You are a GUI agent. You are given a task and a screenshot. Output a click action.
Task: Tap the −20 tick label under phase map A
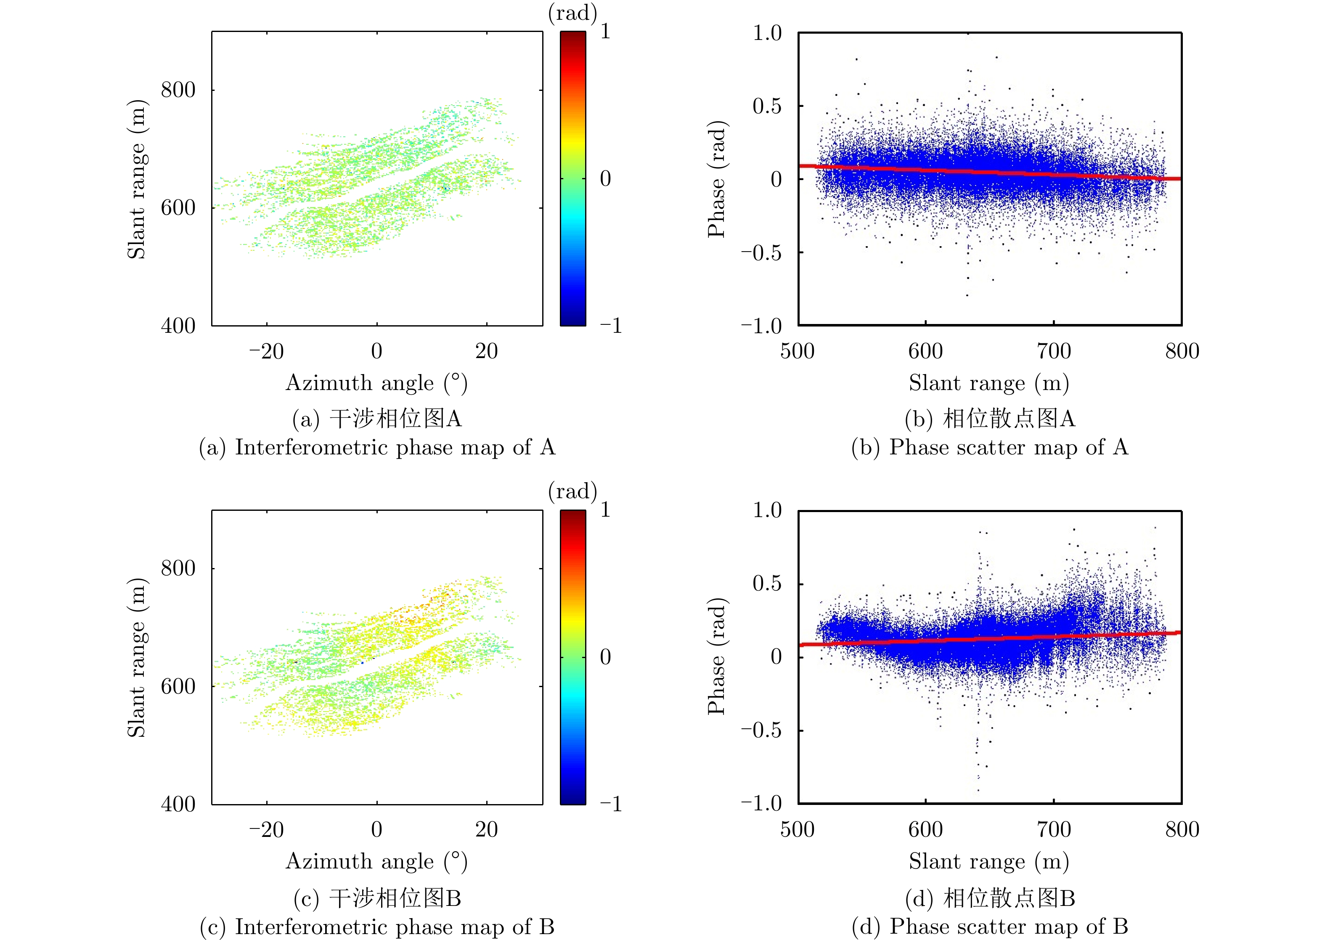click(266, 351)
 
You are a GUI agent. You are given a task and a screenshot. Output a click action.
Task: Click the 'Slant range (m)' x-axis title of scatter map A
click(989, 383)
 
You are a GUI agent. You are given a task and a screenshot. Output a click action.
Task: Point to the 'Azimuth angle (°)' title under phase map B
click(376, 861)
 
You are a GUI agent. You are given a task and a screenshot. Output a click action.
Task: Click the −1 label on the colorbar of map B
click(610, 804)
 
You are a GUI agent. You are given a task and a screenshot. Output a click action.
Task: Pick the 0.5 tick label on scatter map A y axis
click(767, 106)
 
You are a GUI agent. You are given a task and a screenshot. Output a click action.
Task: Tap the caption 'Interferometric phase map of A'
click(377, 447)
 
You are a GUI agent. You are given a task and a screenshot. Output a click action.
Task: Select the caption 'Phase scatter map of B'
click(989, 926)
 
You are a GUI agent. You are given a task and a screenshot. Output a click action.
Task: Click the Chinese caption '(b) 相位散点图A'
click(989, 419)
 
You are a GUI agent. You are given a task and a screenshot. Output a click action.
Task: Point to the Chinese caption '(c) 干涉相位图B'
click(377, 898)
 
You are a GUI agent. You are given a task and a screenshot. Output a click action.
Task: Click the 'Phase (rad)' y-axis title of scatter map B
click(716, 656)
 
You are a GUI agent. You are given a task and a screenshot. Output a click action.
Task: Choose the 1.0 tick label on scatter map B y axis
click(767, 510)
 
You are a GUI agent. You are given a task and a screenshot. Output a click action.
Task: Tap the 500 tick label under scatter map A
click(798, 351)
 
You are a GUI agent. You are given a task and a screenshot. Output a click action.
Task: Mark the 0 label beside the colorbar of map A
click(605, 179)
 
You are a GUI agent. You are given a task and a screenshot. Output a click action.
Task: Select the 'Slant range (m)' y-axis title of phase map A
click(137, 179)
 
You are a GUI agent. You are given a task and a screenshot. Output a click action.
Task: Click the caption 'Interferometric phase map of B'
click(377, 927)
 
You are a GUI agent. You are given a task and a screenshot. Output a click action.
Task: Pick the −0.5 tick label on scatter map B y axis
click(761, 730)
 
